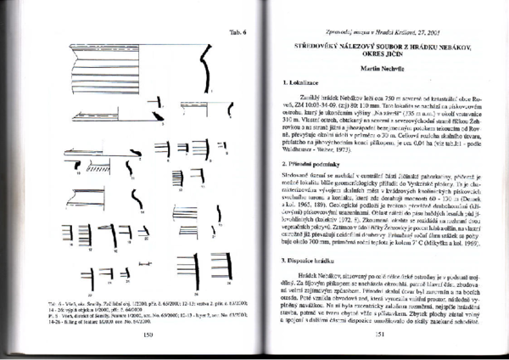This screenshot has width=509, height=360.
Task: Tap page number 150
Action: pos(148,335)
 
